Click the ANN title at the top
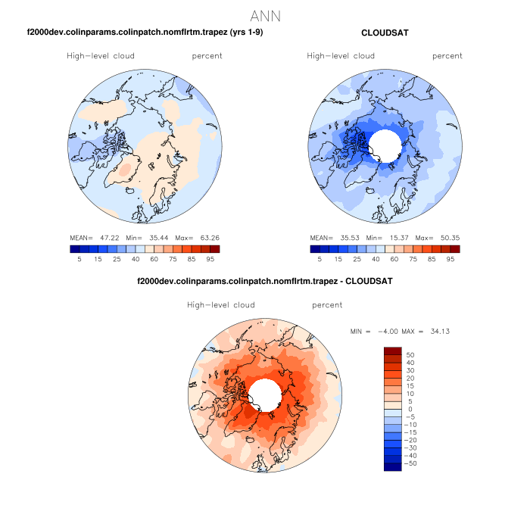pos(265,16)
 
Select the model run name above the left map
pos(145,33)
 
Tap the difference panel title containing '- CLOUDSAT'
pos(264,281)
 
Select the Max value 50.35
pos(449,237)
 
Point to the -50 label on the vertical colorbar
pos(413,463)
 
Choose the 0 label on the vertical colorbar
pos(409,409)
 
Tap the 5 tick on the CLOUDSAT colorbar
pos(319,259)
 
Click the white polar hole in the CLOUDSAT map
pos(385,143)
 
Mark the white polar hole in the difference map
pos(264,394)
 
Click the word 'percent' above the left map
pos(207,56)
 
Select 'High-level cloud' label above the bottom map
pos(220,305)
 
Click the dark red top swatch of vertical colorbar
pos(392,351)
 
